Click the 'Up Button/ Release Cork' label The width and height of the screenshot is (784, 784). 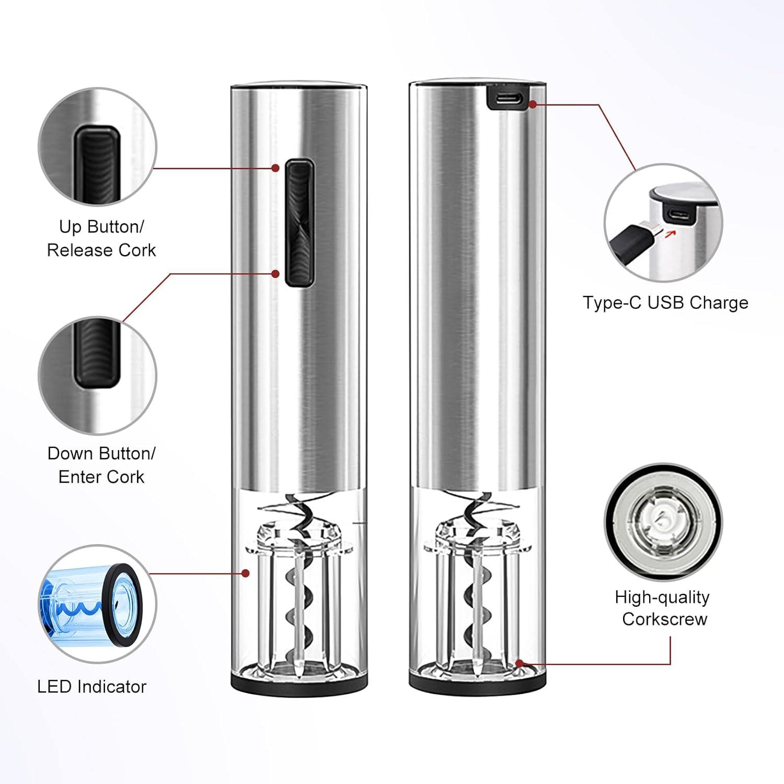click(x=101, y=238)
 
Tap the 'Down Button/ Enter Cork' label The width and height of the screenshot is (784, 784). click(x=101, y=465)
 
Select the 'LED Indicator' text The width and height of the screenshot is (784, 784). click(x=92, y=686)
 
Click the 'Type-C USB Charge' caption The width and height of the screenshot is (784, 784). click(x=665, y=303)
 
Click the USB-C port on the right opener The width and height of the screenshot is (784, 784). click(x=508, y=98)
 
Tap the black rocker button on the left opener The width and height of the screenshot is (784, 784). click(x=299, y=223)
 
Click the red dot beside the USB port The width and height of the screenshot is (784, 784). click(x=533, y=104)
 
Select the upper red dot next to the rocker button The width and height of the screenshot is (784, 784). click(x=275, y=168)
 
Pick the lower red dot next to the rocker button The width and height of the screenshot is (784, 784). click(x=275, y=273)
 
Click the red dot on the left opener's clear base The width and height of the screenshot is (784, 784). click(x=245, y=573)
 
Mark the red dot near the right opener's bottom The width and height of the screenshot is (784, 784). click(x=519, y=664)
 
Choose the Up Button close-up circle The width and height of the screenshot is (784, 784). click(x=97, y=147)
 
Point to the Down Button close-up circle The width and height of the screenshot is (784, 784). click(x=97, y=375)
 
